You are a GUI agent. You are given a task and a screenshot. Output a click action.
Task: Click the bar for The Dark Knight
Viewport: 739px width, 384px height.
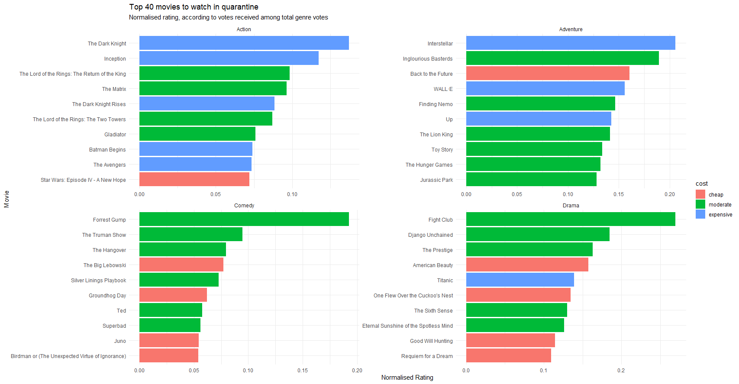coord(244,43)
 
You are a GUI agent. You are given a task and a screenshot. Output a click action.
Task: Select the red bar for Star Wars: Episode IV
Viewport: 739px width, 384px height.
coord(194,180)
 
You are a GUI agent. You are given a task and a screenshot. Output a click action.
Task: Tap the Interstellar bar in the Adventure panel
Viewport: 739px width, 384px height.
coord(571,43)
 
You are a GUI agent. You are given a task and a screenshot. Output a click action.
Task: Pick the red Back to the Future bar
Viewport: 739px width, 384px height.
coord(548,74)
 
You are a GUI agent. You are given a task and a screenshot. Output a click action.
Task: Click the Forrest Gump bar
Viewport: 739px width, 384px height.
coord(244,219)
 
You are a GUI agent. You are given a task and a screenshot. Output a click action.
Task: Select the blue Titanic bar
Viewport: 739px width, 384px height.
coord(520,280)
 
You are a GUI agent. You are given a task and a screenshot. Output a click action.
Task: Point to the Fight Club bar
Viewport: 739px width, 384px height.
coord(571,219)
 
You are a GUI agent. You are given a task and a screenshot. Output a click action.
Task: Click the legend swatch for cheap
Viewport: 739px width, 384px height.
coord(700,194)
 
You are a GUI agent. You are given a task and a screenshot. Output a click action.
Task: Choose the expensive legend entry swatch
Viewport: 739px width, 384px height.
coord(700,214)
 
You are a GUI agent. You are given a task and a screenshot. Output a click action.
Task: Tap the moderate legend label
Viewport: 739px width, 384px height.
coord(720,205)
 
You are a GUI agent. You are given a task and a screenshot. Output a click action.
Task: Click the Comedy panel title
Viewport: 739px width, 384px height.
coord(244,206)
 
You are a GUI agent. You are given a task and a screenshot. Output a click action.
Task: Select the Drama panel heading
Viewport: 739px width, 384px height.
coord(571,206)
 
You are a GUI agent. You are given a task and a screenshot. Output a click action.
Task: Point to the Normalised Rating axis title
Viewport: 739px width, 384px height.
coord(407,378)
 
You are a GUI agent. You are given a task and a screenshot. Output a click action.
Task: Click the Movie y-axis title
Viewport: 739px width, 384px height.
coord(6,199)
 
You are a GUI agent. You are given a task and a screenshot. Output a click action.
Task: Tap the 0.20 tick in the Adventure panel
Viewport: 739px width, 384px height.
coord(669,194)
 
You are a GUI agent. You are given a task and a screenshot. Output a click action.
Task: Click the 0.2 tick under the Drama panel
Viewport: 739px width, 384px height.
coord(621,371)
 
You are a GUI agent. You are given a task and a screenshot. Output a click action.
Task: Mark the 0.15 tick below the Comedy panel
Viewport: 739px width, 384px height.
coord(303,371)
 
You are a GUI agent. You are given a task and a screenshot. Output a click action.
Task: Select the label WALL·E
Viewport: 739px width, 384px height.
coord(443,89)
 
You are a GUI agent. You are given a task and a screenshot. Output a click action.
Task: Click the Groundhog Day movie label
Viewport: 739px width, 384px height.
coord(107,296)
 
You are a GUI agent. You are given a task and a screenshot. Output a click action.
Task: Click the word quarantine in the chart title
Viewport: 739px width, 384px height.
coord(240,7)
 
